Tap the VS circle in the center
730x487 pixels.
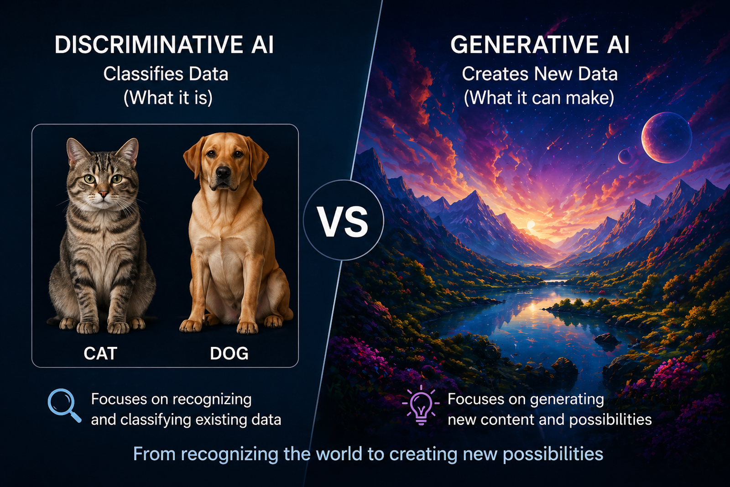343,221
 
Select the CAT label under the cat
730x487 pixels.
100,354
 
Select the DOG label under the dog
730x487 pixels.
229,354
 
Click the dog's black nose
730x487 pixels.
223,173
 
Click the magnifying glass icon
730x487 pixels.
64,405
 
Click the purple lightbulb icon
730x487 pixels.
420,405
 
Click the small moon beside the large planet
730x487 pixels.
625,157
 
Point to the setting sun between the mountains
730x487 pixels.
531,225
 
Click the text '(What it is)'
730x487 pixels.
168,98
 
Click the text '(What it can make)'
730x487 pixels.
539,98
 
